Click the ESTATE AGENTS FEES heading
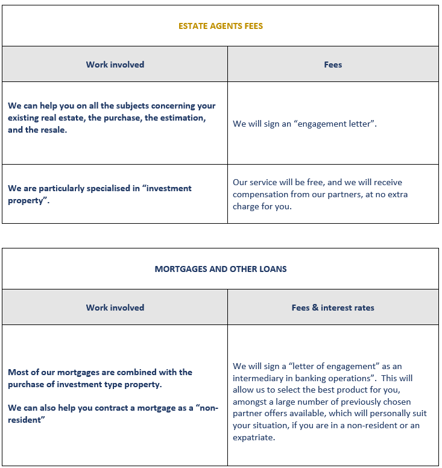coord(221,26)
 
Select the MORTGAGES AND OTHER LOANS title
coord(221,269)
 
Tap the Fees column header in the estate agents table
coord(333,65)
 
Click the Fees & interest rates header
coord(333,308)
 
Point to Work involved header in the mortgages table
coord(115,308)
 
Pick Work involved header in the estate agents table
coord(115,65)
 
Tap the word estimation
coord(175,118)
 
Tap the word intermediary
coord(259,378)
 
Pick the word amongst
coord(250,402)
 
